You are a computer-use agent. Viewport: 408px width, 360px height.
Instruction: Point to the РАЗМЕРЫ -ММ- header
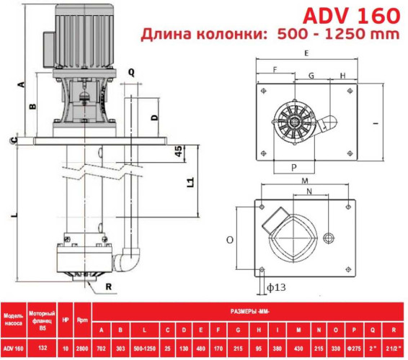pyautogui.click(x=249, y=311)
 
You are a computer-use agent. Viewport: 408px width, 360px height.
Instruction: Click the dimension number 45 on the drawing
pyautogui.click(x=177, y=150)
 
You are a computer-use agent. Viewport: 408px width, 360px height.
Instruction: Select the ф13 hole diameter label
pyautogui.click(x=276, y=287)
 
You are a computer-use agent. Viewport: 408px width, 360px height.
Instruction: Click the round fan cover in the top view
pyautogui.click(x=296, y=122)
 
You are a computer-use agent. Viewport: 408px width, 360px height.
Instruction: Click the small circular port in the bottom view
pyautogui.click(x=331, y=238)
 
